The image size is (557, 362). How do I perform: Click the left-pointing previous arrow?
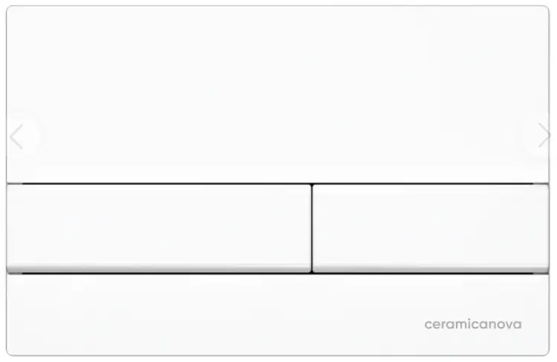click(16, 137)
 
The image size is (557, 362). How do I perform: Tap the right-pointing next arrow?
click(544, 135)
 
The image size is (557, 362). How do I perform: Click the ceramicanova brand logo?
click(473, 324)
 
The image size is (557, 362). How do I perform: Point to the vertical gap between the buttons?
click(311, 228)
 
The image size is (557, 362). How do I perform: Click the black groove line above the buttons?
click(278, 184)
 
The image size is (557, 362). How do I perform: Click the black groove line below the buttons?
click(278, 274)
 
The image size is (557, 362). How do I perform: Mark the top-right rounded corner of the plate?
click(547, 8)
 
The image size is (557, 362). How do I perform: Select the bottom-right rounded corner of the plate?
click(547, 353)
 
